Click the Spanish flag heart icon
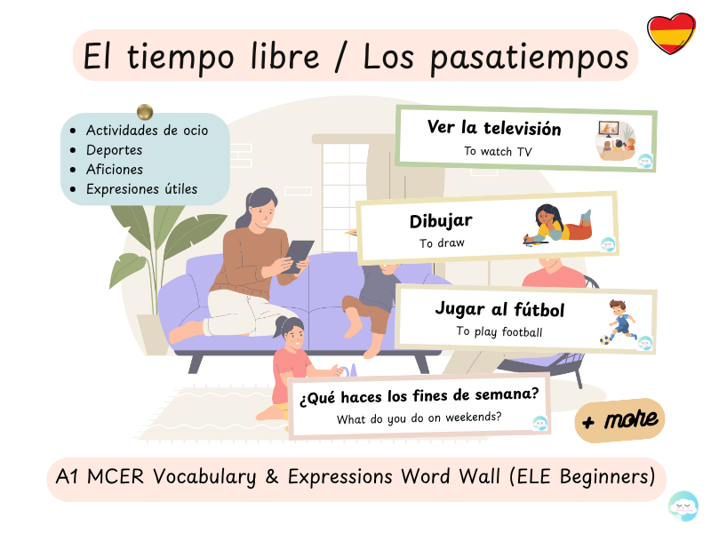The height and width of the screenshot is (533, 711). (x=671, y=34)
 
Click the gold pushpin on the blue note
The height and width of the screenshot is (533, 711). (x=145, y=112)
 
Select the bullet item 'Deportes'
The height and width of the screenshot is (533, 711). (x=114, y=150)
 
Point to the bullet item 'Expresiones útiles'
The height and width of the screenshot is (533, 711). (x=141, y=189)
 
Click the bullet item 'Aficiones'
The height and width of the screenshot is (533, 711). (x=114, y=170)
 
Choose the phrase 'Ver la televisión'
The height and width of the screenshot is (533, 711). (x=494, y=128)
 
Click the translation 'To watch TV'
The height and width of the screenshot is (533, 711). (x=498, y=151)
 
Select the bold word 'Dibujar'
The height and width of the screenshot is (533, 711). (x=441, y=221)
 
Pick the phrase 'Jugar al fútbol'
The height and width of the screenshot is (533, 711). (x=499, y=309)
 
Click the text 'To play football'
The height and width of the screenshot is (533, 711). (x=499, y=332)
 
